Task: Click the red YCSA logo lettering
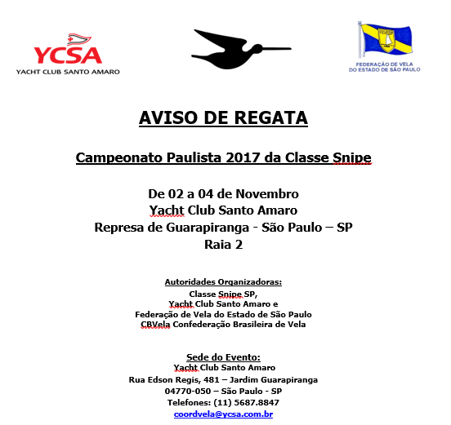pyautogui.click(x=68, y=55)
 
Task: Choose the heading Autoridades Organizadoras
pyautogui.click(x=223, y=281)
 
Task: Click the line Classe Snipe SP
pyautogui.click(x=223, y=293)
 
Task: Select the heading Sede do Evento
pyautogui.click(x=223, y=356)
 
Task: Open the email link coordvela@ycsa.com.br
pyautogui.click(x=223, y=414)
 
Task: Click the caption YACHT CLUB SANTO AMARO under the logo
pyautogui.click(x=68, y=72)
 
